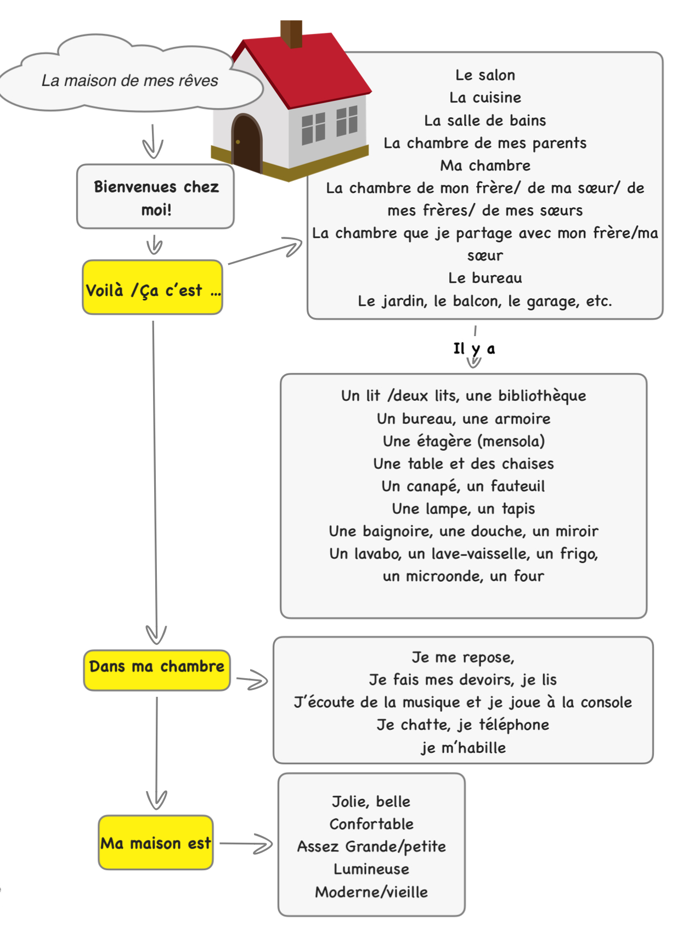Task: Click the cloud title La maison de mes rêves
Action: pyautogui.click(x=129, y=81)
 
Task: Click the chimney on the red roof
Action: pyautogui.click(x=291, y=34)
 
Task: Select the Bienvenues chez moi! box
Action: pyautogui.click(x=156, y=197)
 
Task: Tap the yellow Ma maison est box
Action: pyautogui.click(x=156, y=843)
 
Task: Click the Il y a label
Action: pyautogui.click(x=474, y=349)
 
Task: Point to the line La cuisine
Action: pyautogui.click(x=485, y=98)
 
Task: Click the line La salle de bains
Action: pyautogui.click(x=485, y=121)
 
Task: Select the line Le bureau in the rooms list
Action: pyautogui.click(x=485, y=278)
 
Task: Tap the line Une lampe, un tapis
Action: pyautogui.click(x=463, y=509)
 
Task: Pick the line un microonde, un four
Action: pyautogui.click(x=463, y=576)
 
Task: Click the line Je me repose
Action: pyautogui.click(x=463, y=657)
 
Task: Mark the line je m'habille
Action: pyautogui.click(x=463, y=747)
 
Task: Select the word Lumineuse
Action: pyautogui.click(x=371, y=869)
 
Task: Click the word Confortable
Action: pyautogui.click(x=371, y=824)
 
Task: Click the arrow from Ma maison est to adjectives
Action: pyautogui.click(x=246, y=844)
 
